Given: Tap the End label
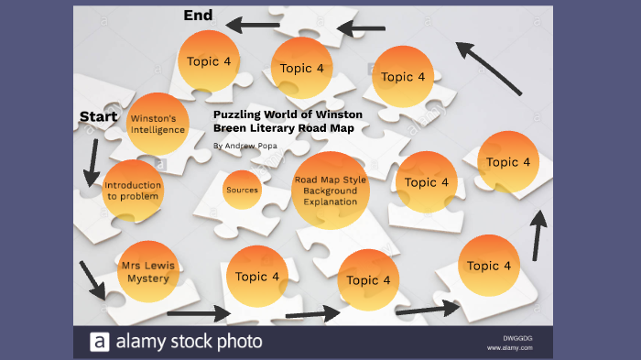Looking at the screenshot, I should (x=198, y=15).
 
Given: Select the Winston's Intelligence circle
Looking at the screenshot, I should (x=158, y=125).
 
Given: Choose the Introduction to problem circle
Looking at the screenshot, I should (x=133, y=190).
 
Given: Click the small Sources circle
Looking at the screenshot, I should (x=242, y=190).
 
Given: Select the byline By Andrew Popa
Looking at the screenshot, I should (x=244, y=146).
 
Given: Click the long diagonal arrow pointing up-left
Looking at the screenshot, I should (x=489, y=67).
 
